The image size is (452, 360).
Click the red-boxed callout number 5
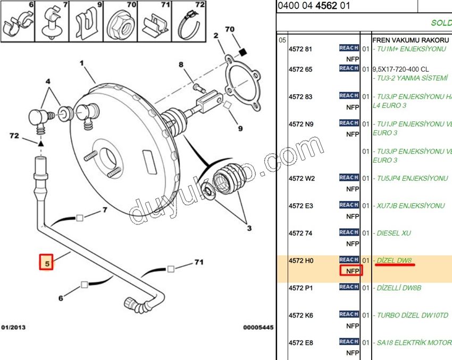46,263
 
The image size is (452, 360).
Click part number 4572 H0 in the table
300,261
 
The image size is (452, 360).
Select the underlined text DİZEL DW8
394,261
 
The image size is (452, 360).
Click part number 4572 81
300,49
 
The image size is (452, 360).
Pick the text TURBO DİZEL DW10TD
412,315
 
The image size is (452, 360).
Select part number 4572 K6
300,315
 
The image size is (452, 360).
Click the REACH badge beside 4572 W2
349,178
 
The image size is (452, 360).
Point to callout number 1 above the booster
82,63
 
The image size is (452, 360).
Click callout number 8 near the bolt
181,65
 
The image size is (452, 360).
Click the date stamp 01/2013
13,328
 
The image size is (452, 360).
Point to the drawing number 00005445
258,328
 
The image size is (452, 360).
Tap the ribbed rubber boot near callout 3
226,181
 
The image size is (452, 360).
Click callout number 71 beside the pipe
198,262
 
